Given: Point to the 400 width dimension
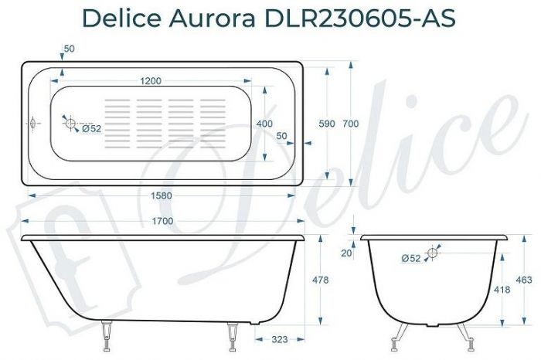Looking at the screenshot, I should tap(265, 124).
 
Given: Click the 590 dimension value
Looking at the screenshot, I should tap(326, 124).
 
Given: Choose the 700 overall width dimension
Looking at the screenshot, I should tap(351, 124).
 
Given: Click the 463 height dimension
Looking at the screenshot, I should tap(523, 279).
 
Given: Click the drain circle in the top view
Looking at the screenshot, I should tap(70, 124).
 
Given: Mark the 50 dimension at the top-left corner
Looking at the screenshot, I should tap(70, 49).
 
